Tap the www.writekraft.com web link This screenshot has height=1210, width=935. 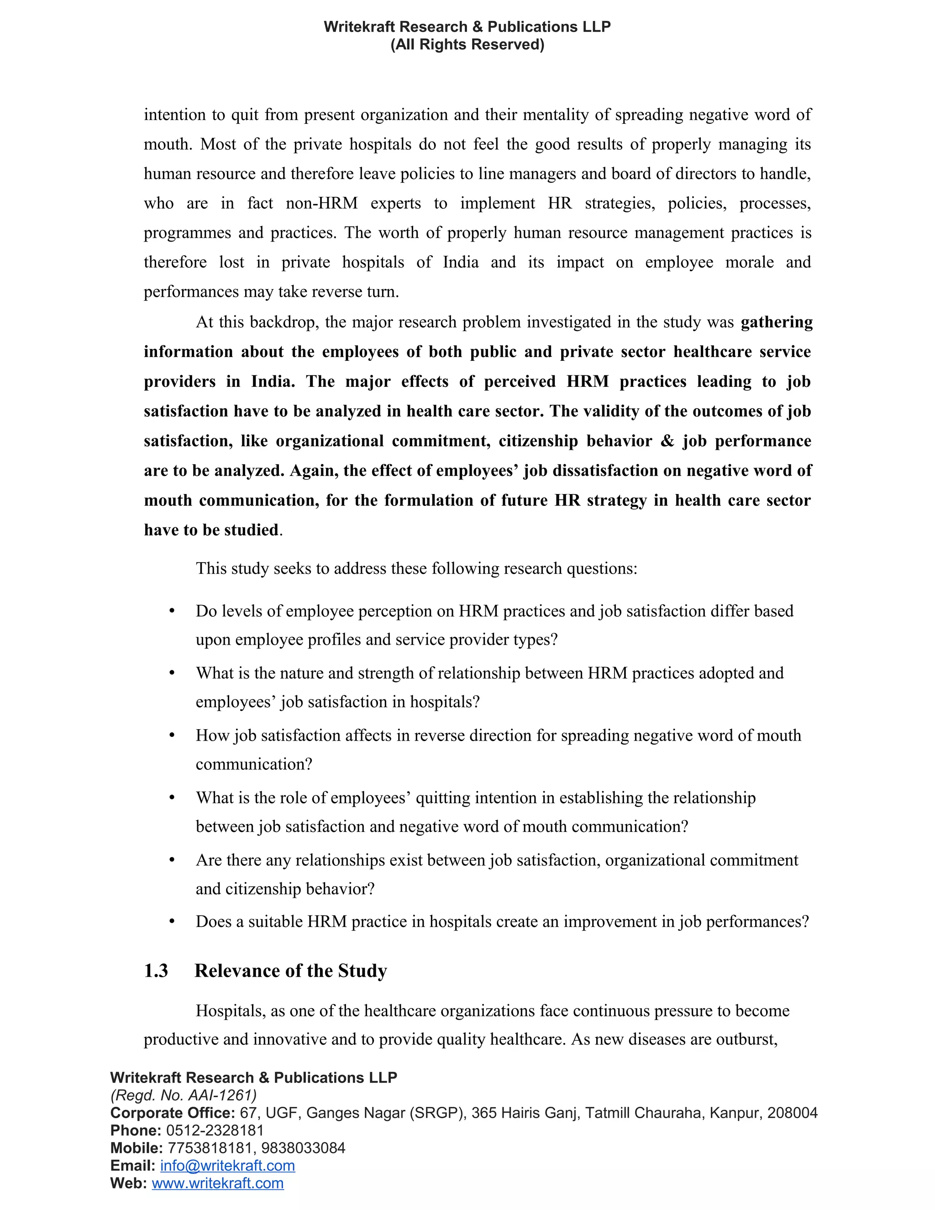pos(218,1184)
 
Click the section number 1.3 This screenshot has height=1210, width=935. pos(156,971)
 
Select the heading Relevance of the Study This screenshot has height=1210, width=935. pos(291,971)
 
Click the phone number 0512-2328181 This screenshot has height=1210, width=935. pos(215,1130)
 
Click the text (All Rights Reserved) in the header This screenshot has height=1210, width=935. pos(467,44)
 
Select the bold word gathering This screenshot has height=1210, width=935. pos(776,322)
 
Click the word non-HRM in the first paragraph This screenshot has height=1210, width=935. pos(321,203)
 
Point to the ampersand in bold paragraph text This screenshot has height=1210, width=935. pos(667,441)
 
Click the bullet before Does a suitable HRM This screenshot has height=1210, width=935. pos(172,921)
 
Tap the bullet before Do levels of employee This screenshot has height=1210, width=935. pos(172,610)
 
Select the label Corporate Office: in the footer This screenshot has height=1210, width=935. pos(173,1113)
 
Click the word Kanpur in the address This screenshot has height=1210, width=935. pos(735,1113)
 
